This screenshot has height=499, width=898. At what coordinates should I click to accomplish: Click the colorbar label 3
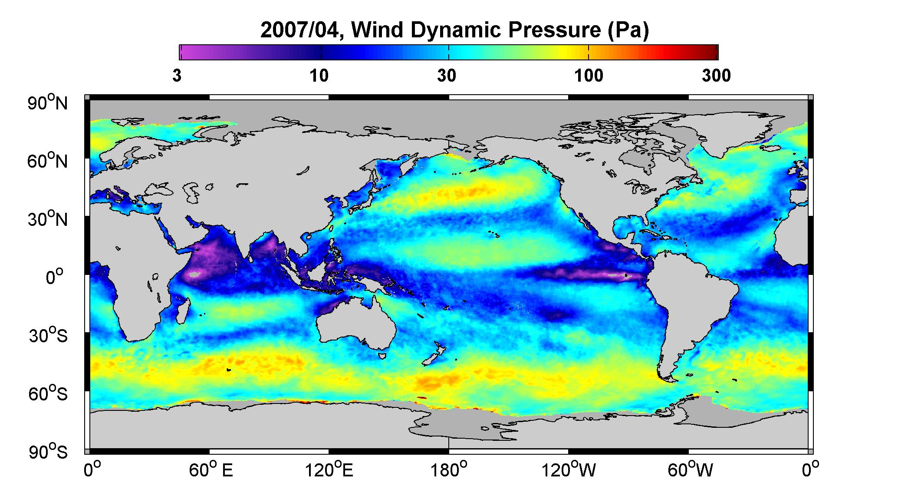(177, 76)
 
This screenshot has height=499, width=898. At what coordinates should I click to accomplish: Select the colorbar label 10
(319, 76)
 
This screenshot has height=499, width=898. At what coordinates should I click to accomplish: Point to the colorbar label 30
(447, 76)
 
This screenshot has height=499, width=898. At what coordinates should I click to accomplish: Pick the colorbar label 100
(589, 76)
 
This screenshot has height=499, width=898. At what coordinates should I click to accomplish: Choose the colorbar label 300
(716, 76)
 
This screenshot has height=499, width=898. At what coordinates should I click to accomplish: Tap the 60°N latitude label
(48, 161)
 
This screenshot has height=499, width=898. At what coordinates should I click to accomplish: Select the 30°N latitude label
(48, 219)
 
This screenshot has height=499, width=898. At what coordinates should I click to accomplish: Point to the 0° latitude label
(55, 277)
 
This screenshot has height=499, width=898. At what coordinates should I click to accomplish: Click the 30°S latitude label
(48, 336)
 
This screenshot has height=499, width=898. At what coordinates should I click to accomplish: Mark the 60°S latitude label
(48, 394)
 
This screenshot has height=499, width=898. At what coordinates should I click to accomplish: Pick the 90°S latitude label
(48, 452)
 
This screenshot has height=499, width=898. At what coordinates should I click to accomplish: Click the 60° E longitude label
(211, 470)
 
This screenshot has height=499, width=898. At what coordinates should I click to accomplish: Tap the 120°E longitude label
(329, 470)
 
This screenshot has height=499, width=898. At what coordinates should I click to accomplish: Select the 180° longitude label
(449, 470)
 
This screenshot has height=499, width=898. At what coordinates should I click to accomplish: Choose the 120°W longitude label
(569, 470)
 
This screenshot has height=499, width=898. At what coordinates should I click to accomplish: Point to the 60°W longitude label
(689, 470)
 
